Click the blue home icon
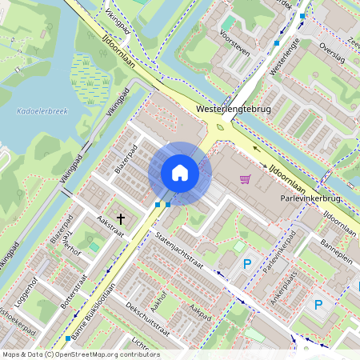(x=180, y=173)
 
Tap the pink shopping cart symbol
(x=245, y=179)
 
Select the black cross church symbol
(x=122, y=218)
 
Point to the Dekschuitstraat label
(x=149, y=319)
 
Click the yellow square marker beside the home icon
(x=158, y=205)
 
